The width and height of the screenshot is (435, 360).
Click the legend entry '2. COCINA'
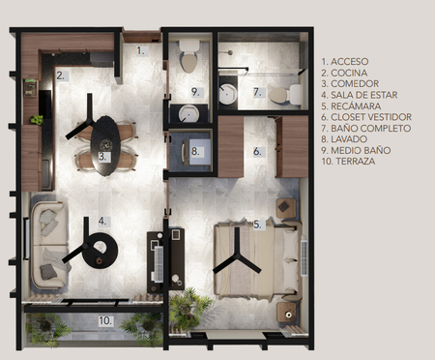(x=344, y=73)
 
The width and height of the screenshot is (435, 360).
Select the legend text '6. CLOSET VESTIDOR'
(x=366, y=117)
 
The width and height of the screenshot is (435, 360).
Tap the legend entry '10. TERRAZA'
(x=348, y=162)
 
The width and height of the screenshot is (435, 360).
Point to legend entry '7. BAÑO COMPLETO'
(x=365, y=128)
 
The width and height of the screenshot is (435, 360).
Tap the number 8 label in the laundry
(x=195, y=151)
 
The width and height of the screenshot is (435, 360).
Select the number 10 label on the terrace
(x=105, y=321)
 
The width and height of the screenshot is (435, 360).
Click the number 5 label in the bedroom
(x=257, y=225)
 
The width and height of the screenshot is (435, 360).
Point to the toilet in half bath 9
(x=188, y=56)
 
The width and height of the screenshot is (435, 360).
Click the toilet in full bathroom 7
(x=285, y=95)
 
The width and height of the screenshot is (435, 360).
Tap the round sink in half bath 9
(x=188, y=114)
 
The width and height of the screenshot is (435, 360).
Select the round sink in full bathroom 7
(x=228, y=94)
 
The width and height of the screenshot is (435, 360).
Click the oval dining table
(x=105, y=146)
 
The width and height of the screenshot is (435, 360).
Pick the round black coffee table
(x=100, y=250)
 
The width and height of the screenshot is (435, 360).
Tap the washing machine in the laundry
(x=195, y=151)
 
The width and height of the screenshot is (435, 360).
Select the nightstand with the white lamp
(x=286, y=313)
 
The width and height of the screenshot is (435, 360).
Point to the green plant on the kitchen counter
(x=37, y=120)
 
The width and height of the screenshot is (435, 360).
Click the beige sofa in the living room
(x=49, y=244)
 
